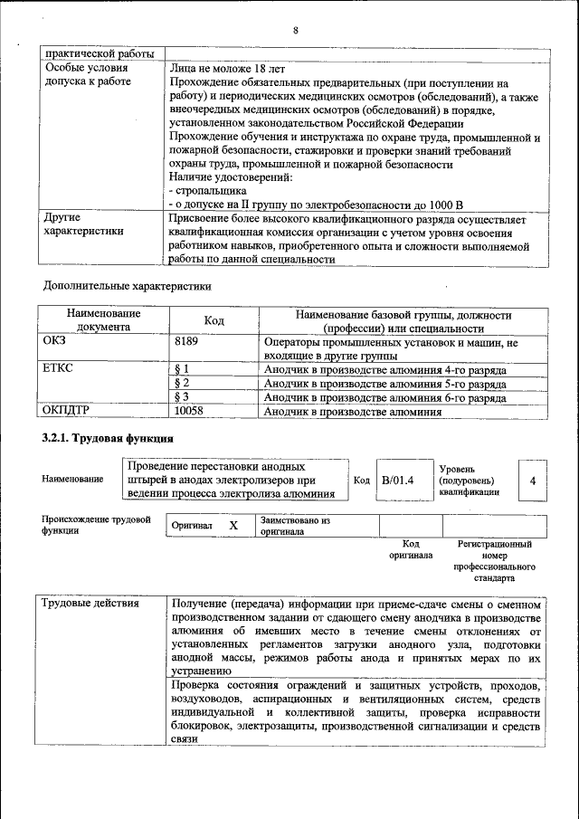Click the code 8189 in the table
click(x=186, y=343)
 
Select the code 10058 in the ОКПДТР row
click(x=189, y=411)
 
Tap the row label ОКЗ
click(x=55, y=343)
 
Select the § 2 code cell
click(x=180, y=384)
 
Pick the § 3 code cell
click(x=180, y=397)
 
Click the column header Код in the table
click(x=214, y=321)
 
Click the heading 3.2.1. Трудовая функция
click(x=108, y=439)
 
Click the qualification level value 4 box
click(x=532, y=480)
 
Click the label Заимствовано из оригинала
click(x=295, y=526)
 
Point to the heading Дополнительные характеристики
click(x=128, y=287)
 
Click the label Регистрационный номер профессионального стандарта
click(x=494, y=560)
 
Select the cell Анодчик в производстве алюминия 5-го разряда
click(x=384, y=384)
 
